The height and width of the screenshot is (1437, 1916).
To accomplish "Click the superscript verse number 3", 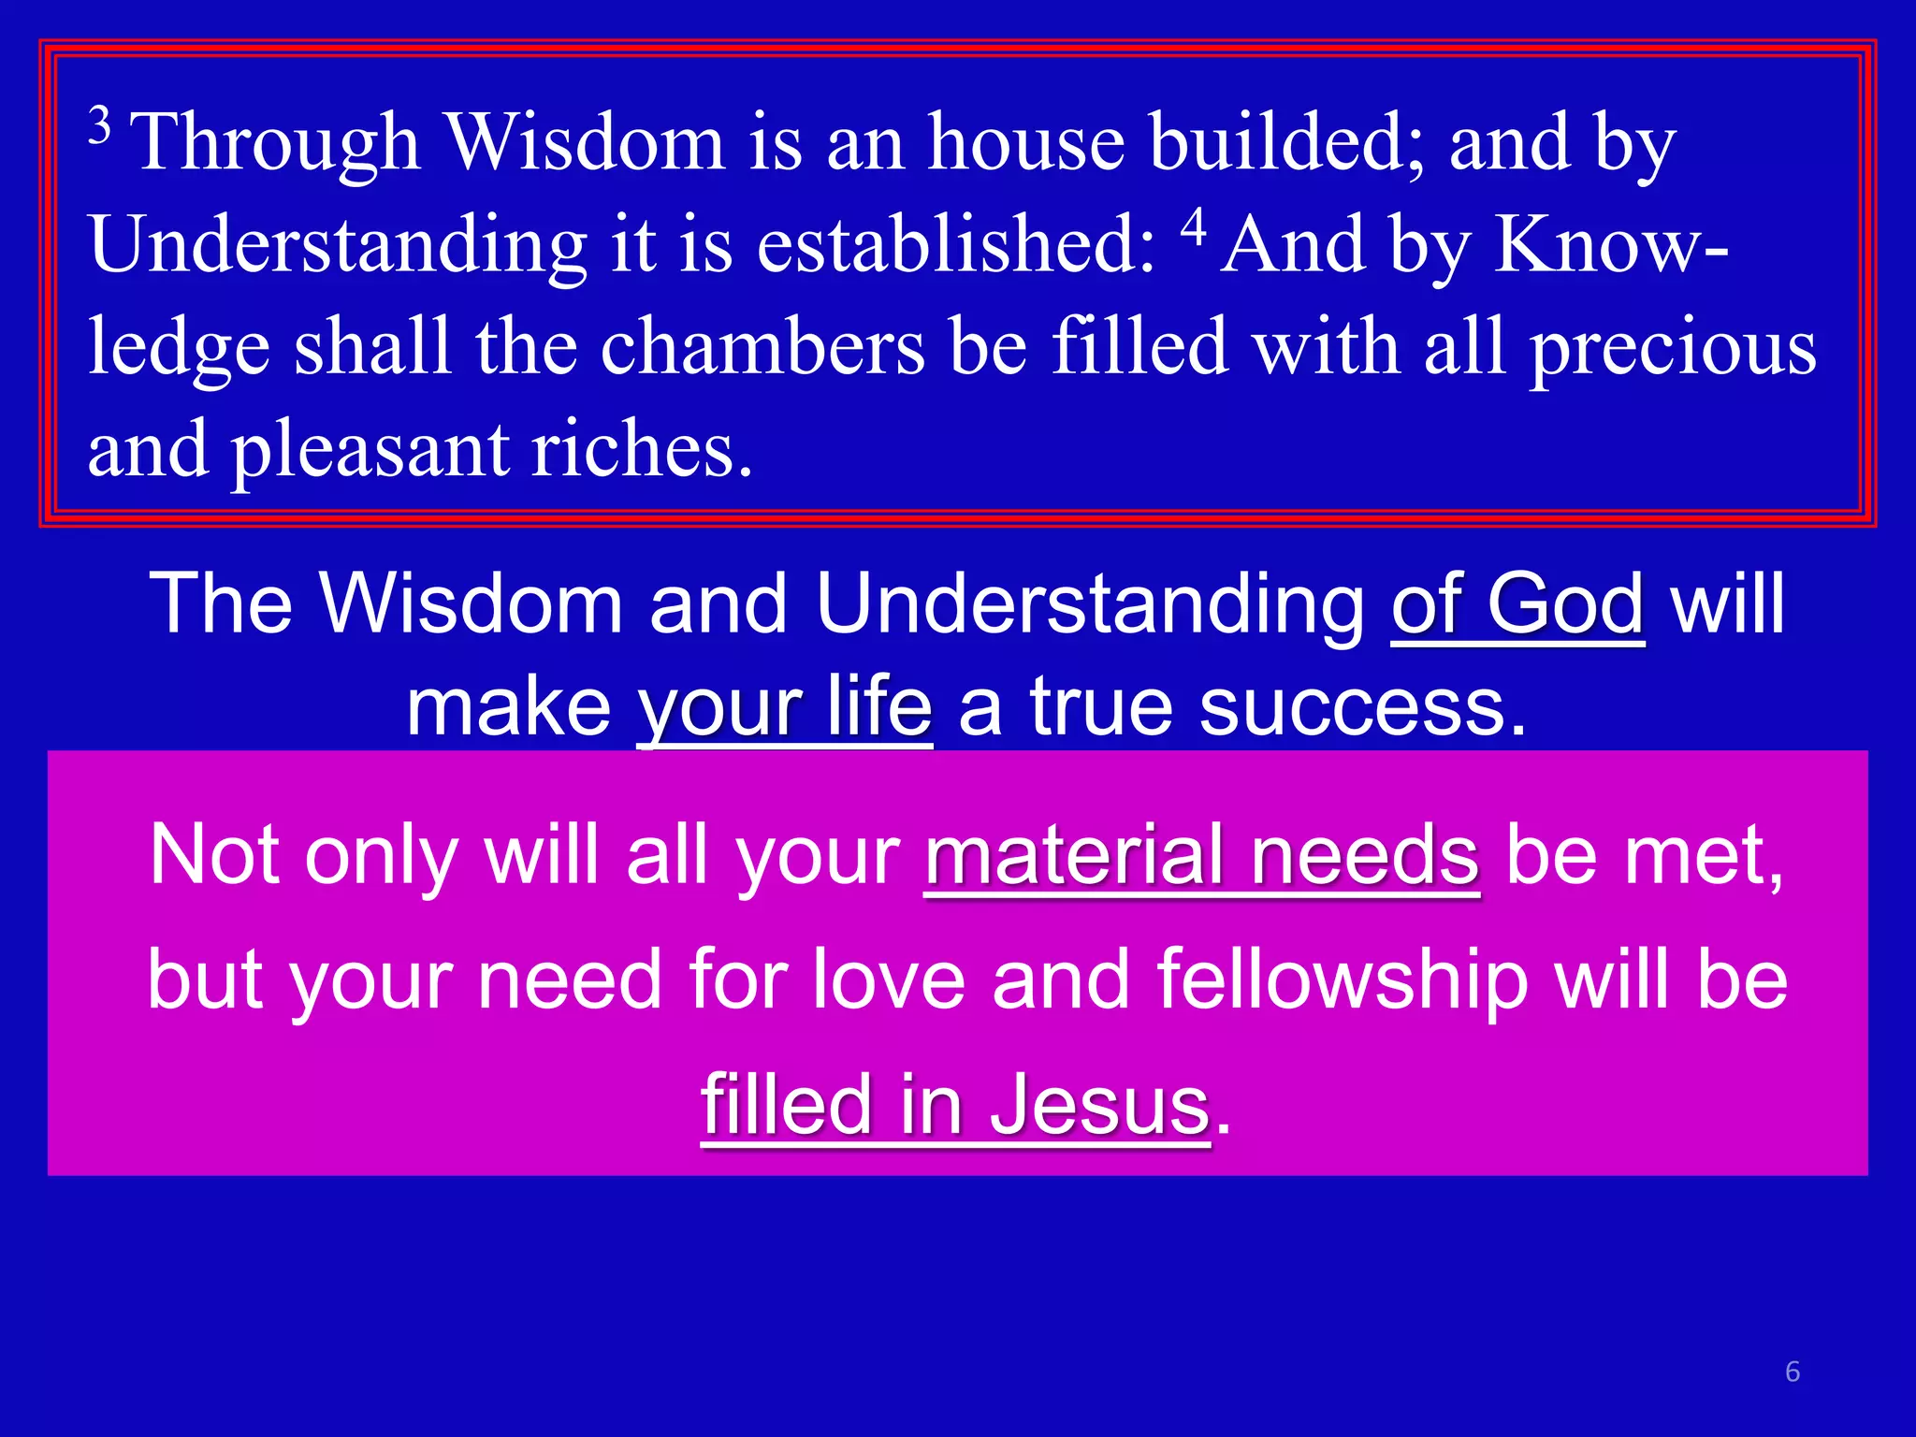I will pos(100,124).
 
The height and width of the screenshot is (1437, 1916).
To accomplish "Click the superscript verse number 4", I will pos(1193,227).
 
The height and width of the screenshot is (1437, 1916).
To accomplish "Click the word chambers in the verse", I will pos(762,347).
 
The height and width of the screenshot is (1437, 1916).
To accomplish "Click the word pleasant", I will pos(370,451).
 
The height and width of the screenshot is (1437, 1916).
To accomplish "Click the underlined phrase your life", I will pos(784,707).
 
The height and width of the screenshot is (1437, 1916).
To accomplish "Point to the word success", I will pos(1363,707).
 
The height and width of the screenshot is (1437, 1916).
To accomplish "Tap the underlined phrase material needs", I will pos(1201,855).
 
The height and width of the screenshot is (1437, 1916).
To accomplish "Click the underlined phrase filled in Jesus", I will pos(955,1105).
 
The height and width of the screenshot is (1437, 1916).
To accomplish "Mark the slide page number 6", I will pos(1793,1372).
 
